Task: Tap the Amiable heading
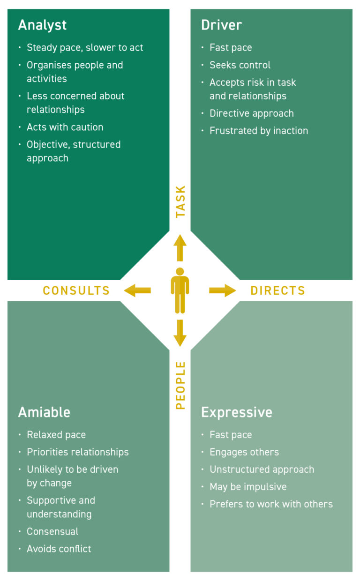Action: coord(44,412)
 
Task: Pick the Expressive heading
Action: coord(236,412)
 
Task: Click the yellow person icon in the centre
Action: coord(180,290)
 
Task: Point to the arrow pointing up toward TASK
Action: coord(180,247)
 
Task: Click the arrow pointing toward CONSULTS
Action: coord(137,290)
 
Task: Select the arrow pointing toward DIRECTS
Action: coord(223,290)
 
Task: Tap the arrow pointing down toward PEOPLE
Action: coord(180,333)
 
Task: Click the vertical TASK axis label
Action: coord(180,201)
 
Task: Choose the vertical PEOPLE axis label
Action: coord(180,385)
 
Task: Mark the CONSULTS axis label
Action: coord(76,291)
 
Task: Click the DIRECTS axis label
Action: coord(277,291)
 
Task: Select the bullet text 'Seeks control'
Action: coord(240,65)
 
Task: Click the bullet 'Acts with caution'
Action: coord(65,127)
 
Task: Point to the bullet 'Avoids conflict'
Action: coord(59,549)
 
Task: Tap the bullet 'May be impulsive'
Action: coord(248,487)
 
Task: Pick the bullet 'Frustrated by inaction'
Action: coord(259,131)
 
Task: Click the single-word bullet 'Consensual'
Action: coord(52,531)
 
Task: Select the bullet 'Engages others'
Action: coord(244,452)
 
